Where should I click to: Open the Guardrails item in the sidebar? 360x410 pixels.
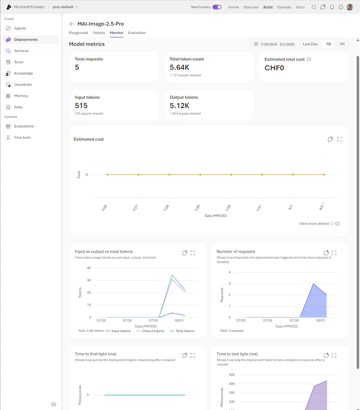(23, 85)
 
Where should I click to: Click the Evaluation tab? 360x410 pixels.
(137, 33)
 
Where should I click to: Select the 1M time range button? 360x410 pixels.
(342, 44)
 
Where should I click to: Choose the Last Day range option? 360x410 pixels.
(310, 44)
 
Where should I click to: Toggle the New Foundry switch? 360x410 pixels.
(217, 7)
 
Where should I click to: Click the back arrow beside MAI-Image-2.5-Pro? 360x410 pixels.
(72, 24)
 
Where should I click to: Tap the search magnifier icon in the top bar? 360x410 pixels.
(314, 7)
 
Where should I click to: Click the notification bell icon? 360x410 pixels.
(332, 7)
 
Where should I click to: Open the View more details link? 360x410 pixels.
(314, 224)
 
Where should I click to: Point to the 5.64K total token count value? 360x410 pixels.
(179, 67)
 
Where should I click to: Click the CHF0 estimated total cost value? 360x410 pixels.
(274, 68)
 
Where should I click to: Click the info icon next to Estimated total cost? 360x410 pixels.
(309, 59)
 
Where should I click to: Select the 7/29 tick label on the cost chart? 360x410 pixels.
(197, 208)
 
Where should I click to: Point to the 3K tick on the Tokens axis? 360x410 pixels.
(89, 280)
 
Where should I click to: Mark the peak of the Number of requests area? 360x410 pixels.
(313, 284)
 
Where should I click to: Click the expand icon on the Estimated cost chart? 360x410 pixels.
(339, 139)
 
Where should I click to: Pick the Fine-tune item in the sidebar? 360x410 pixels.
(22, 137)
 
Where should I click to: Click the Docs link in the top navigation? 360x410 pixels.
(300, 7)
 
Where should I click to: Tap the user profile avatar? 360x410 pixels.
(350, 7)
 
